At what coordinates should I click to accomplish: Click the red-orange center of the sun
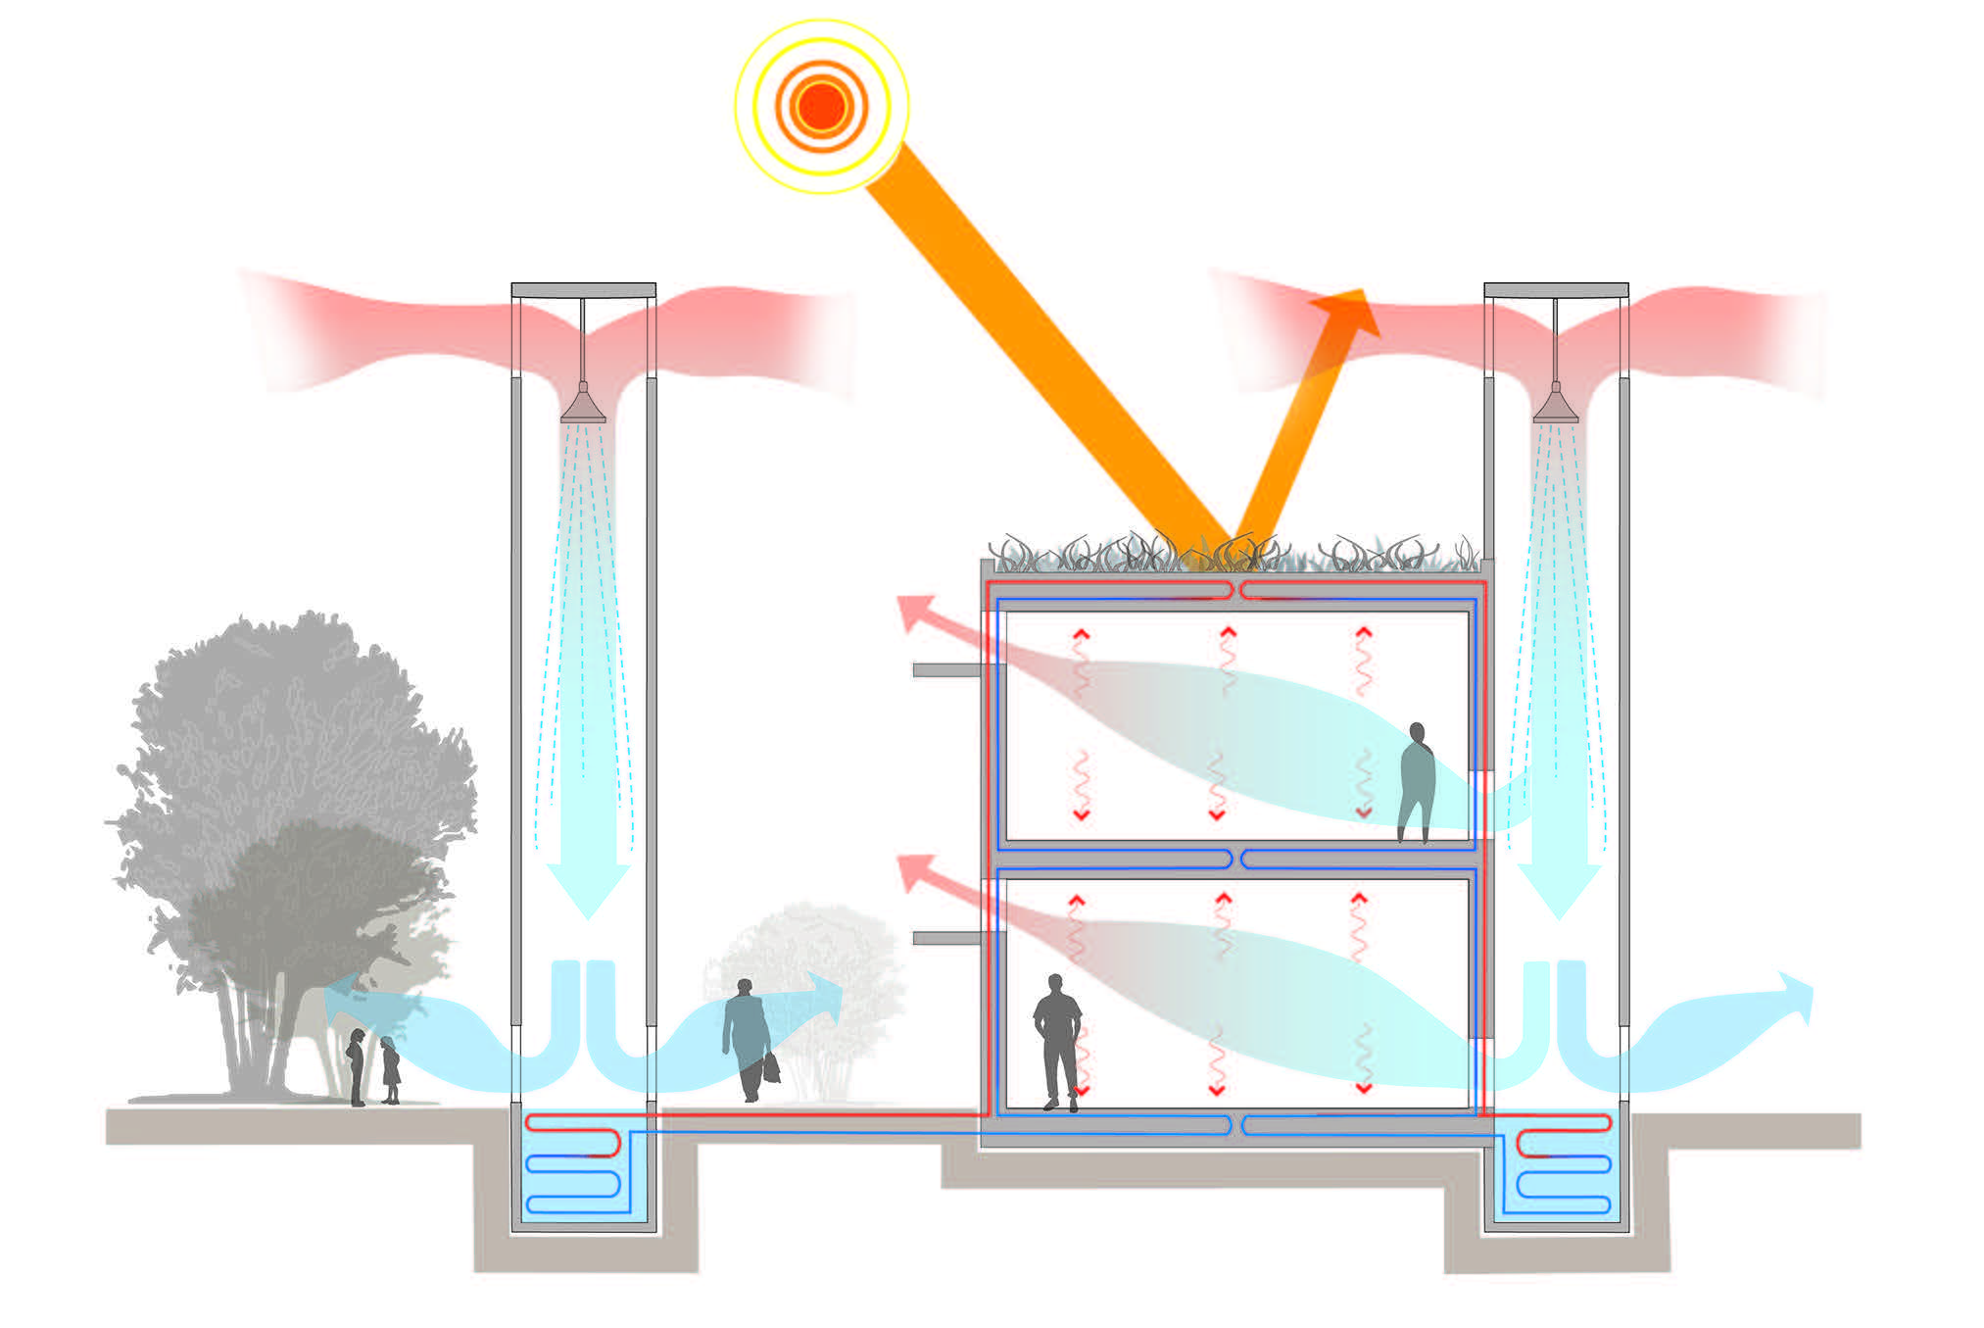point(822,105)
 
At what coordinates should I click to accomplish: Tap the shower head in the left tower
point(583,406)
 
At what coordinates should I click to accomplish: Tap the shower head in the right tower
point(1555,406)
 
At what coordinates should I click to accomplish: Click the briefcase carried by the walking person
point(772,1067)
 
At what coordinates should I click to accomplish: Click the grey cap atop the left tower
point(583,290)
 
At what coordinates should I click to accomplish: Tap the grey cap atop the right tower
point(1556,290)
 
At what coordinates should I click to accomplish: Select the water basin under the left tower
point(584,1171)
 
